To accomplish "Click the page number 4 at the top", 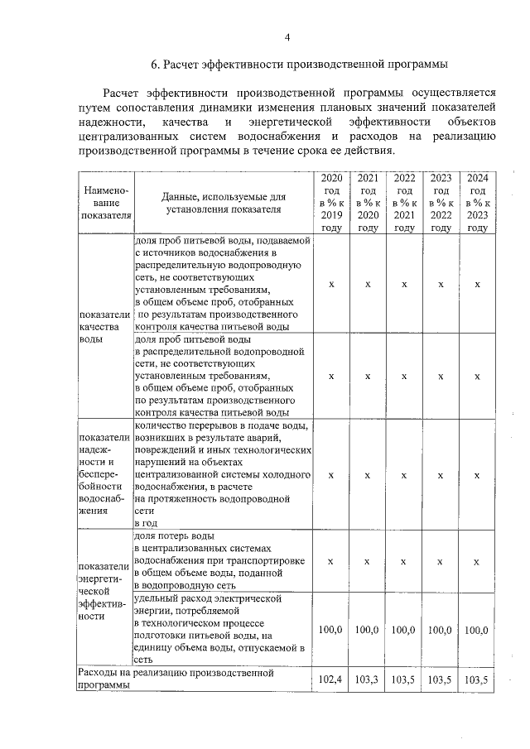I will coord(287,37).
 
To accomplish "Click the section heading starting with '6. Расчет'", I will coord(299,64).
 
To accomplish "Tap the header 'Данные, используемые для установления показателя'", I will coord(224,203).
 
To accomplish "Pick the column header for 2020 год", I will coord(331,203).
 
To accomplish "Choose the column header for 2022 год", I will coord(404,203).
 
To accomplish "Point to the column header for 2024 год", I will coord(477,203).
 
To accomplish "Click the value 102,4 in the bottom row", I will coord(331,679).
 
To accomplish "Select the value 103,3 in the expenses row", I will coord(367,679).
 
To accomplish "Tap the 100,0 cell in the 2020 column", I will coord(331,630).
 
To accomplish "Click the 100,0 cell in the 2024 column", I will coord(477,630).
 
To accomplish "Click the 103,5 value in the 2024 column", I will coord(477,679).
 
